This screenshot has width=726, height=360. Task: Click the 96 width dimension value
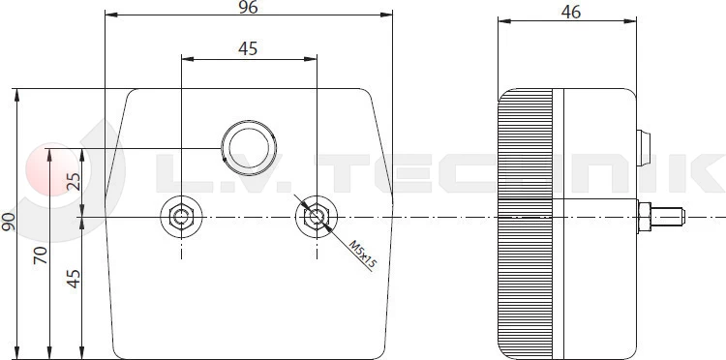click(248, 7)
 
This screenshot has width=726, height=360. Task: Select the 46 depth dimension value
click(570, 13)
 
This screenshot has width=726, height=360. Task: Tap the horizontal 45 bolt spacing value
click(248, 48)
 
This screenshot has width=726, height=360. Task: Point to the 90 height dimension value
click(9, 223)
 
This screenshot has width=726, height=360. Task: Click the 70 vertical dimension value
click(41, 255)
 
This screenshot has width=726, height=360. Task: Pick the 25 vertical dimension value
click(74, 181)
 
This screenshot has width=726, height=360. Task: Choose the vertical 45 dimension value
click(74, 279)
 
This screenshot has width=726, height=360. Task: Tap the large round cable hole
click(249, 148)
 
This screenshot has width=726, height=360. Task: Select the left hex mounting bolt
click(181, 217)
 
